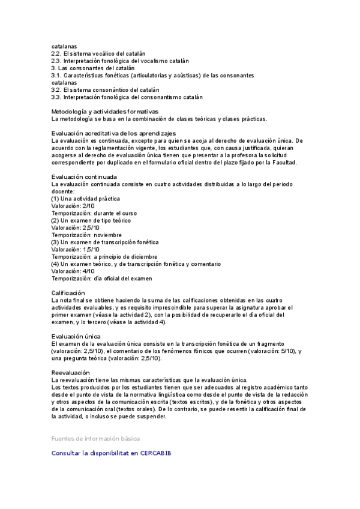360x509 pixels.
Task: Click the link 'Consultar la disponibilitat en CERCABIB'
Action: [111, 453]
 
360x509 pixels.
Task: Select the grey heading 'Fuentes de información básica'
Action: [95, 439]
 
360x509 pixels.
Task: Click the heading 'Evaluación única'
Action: [76, 336]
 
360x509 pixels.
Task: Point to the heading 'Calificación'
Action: [68, 293]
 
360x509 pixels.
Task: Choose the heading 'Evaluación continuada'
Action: [84, 177]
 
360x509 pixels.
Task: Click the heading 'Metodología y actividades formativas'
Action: [104, 112]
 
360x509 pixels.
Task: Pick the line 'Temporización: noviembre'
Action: [86, 235]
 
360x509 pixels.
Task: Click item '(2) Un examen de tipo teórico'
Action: [91, 220]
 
